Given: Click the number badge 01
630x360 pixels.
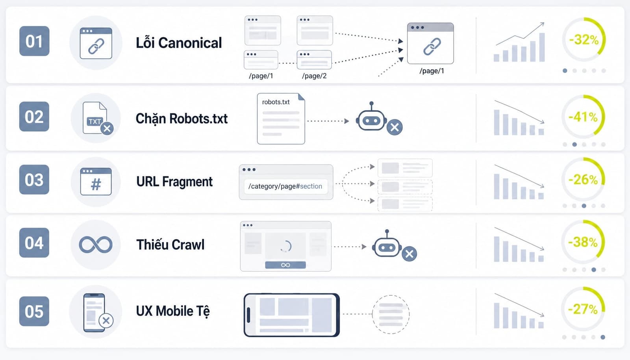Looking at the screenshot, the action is (34, 41).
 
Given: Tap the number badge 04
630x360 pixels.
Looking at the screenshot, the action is (34, 243).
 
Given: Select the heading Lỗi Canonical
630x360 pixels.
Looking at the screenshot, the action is (179, 43).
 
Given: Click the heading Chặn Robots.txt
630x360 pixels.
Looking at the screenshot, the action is (182, 119).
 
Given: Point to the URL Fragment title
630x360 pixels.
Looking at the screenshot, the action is (174, 182).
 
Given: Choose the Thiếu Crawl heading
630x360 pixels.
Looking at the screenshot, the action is (170, 245).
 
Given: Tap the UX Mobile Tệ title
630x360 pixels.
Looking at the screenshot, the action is (173, 311).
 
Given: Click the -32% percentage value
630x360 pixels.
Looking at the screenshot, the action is (584, 40).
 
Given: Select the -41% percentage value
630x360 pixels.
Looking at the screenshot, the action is (583, 117).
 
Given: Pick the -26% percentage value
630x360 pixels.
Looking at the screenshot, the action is (583, 180).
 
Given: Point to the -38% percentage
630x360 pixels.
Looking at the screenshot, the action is (583, 242).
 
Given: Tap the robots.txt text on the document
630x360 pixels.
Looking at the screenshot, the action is (276, 102).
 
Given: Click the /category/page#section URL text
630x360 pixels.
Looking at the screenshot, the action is (285, 186).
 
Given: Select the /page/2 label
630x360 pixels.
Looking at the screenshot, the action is (314, 76).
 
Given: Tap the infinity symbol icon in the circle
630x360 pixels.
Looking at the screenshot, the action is (96, 245).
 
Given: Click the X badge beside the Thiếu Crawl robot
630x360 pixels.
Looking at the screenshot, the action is (409, 254).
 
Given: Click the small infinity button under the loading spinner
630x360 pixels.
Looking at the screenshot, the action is (285, 265).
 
